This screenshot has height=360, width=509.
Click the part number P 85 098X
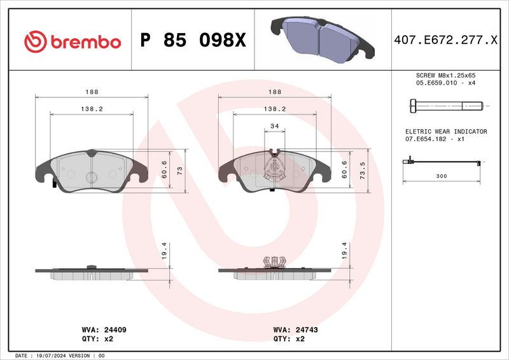coord(193,41)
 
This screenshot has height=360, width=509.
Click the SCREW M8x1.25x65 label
coord(445,75)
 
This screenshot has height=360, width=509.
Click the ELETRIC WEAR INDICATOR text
coord(446,132)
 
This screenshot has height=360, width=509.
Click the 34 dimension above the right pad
coord(275,127)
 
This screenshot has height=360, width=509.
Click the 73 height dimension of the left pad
coord(179,171)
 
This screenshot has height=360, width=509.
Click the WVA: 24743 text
coord(295,330)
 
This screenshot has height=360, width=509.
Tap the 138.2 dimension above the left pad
coord(92,109)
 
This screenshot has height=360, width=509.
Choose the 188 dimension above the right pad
coord(275,92)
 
